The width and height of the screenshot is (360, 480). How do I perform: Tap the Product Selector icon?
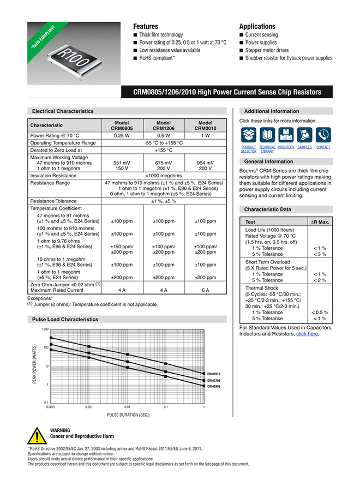point(249,135)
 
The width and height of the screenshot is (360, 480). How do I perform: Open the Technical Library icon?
point(267,135)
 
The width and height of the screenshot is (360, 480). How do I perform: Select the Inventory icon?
point(286,135)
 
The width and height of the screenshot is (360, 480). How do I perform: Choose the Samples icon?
point(304,135)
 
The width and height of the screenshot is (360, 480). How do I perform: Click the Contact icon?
point(323,135)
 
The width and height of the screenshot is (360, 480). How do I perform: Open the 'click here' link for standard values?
point(307,334)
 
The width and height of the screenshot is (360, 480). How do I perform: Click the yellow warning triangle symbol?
point(37,435)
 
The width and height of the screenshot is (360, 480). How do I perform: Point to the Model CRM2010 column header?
point(205,125)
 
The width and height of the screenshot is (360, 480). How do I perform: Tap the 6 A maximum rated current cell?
point(205,290)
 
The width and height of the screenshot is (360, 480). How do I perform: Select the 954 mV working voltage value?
point(205,163)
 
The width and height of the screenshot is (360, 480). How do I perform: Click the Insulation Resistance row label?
point(53,176)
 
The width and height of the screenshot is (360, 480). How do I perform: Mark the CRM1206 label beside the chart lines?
point(213,380)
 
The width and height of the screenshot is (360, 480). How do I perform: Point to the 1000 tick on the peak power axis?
point(45,330)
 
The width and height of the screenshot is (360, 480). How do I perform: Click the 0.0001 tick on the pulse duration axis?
point(51,407)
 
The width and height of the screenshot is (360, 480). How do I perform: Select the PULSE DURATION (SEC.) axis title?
point(128,415)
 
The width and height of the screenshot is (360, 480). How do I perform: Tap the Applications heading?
point(257,26)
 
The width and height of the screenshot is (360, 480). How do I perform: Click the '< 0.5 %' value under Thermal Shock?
point(319,313)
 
